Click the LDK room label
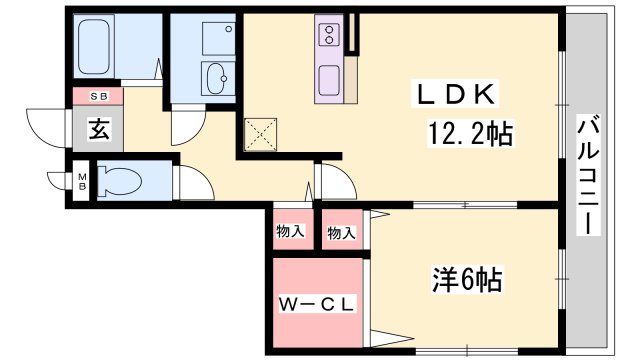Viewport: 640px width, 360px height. [455, 94]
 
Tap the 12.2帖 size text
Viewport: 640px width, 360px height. [470, 133]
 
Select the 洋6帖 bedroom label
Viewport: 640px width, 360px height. [467, 279]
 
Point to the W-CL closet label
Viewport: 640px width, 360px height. [316, 304]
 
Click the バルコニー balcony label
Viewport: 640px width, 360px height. [588, 174]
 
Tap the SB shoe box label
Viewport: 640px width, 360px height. [99, 97]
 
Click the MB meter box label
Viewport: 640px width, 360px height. [82, 181]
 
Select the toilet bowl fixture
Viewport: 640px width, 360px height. [119, 181]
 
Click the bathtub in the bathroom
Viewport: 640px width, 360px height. [93, 47]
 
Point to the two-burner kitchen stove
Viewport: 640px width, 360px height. [329, 34]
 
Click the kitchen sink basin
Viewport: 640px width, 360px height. [329, 79]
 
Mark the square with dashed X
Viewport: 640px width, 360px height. [260, 134]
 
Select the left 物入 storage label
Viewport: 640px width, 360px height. [290, 231]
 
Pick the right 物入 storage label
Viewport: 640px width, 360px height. [341, 233]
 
